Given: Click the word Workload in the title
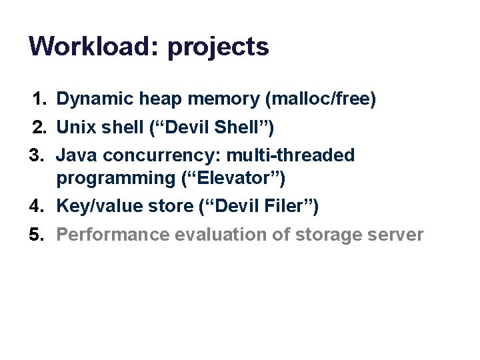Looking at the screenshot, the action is point(94,47).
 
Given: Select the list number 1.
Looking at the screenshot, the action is point(40,99).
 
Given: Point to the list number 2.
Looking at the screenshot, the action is point(40,126).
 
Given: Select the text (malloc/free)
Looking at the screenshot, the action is point(321,100).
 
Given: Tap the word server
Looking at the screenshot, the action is point(397,235).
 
